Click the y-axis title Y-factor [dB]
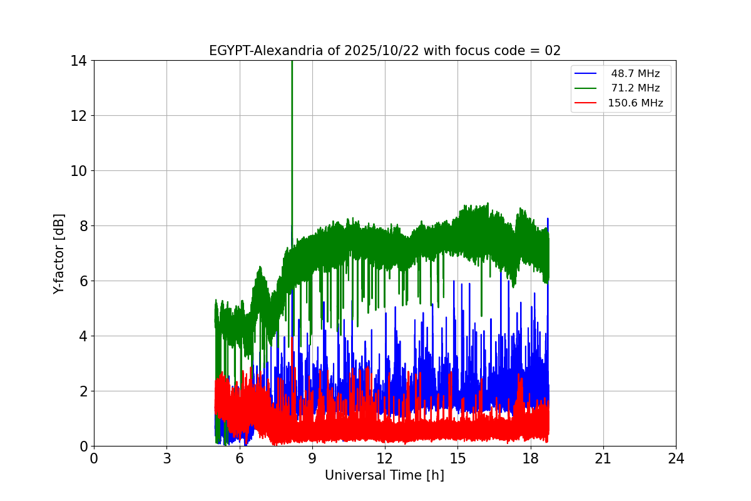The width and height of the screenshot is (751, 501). click(x=59, y=253)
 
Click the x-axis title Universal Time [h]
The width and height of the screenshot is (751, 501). click(x=384, y=475)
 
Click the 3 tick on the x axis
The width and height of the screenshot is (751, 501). click(x=166, y=458)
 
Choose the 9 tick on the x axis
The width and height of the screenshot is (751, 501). click(x=312, y=458)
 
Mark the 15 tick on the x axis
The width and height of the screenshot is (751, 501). click(x=457, y=458)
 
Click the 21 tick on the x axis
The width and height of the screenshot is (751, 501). click(x=603, y=458)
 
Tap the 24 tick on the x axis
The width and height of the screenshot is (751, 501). click(x=676, y=458)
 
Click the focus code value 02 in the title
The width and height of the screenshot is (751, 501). click(x=553, y=51)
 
